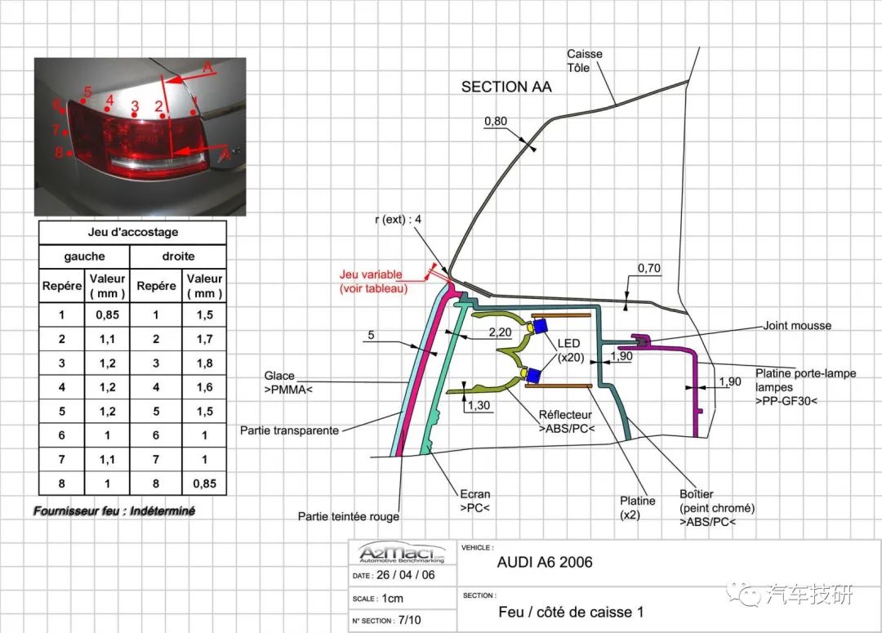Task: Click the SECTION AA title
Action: pyautogui.click(x=506, y=87)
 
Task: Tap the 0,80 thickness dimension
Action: pyautogui.click(x=496, y=122)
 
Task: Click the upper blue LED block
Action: pyautogui.click(x=540, y=327)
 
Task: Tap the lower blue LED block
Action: pyautogui.click(x=535, y=375)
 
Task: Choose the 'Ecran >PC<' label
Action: pyautogui.click(x=474, y=501)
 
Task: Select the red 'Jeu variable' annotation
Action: pyautogui.click(x=374, y=282)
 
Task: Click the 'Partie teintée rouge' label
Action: pyautogui.click(x=349, y=516)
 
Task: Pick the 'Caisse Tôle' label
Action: pyautogui.click(x=585, y=60)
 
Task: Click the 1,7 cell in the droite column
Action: pyautogui.click(x=204, y=338)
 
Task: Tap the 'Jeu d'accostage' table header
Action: pyautogui.click(x=132, y=233)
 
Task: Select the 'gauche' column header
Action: pyautogui.click(x=84, y=256)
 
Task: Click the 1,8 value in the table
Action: pyautogui.click(x=204, y=363)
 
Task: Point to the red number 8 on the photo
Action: pyautogui.click(x=59, y=152)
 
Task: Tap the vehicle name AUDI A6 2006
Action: pyautogui.click(x=545, y=562)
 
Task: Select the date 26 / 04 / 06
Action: pyautogui.click(x=405, y=575)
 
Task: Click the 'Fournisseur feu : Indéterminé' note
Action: pyautogui.click(x=114, y=511)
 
